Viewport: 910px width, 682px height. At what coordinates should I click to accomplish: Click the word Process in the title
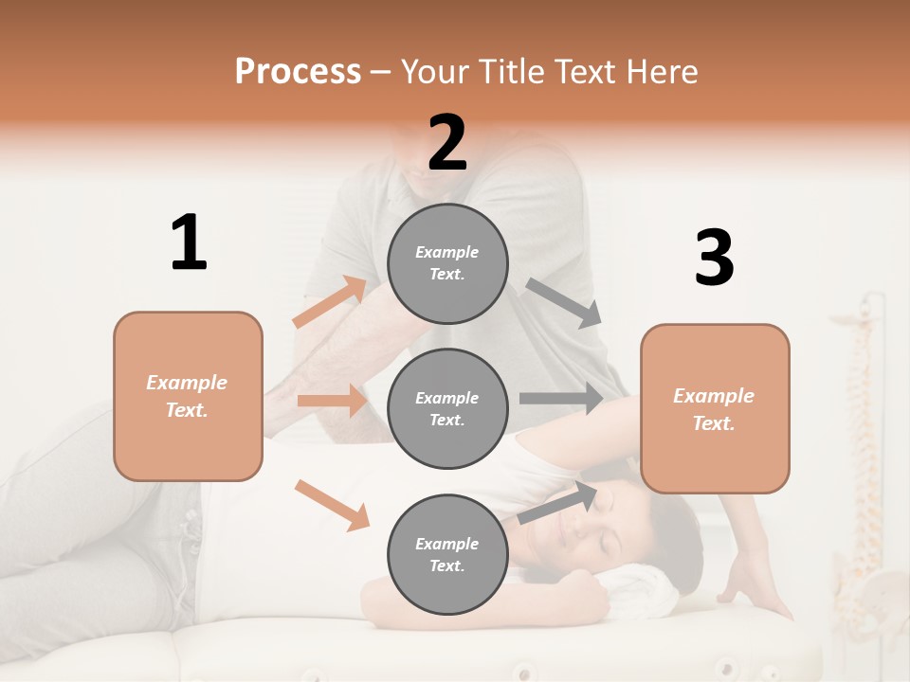tap(298, 72)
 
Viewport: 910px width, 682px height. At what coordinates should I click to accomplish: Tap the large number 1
tap(189, 242)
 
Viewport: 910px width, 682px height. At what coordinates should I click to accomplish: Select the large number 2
tap(447, 143)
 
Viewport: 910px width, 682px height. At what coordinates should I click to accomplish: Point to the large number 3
tap(714, 259)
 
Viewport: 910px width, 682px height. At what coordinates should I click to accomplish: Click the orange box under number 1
tap(188, 396)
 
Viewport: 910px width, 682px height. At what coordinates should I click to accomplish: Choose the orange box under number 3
tap(715, 408)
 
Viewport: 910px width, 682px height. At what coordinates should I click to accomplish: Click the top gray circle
tap(447, 263)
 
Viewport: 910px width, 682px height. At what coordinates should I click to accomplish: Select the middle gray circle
tap(447, 408)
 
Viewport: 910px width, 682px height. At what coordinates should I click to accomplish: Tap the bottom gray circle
tap(447, 554)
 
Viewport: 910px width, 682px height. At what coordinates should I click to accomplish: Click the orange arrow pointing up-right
tap(329, 302)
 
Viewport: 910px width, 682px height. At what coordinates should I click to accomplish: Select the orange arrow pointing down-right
tap(332, 504)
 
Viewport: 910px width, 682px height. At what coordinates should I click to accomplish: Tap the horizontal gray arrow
tap(560, 398)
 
